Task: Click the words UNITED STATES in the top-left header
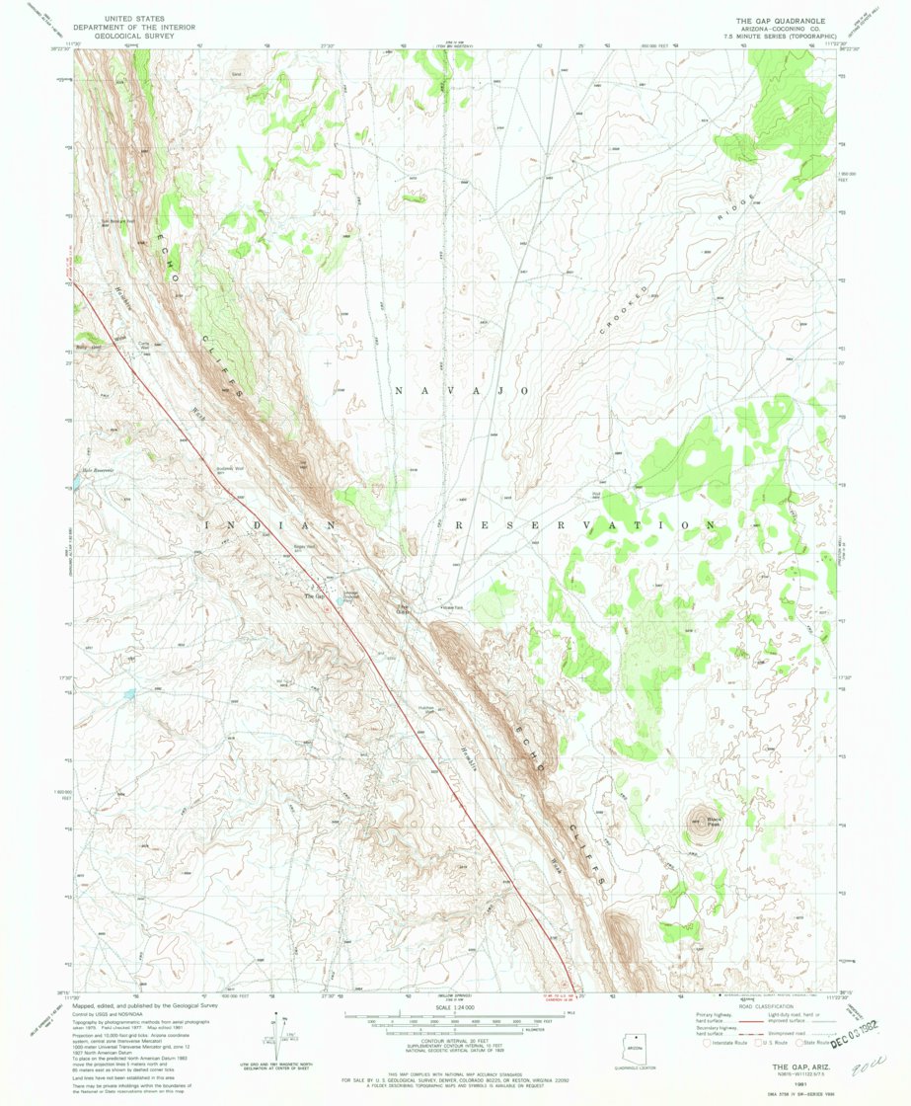[x=134, y=17]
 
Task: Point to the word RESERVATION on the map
[x=583, y=526]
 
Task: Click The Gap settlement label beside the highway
[x=314, y=596]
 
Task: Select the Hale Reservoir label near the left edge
[x=99, y=469]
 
